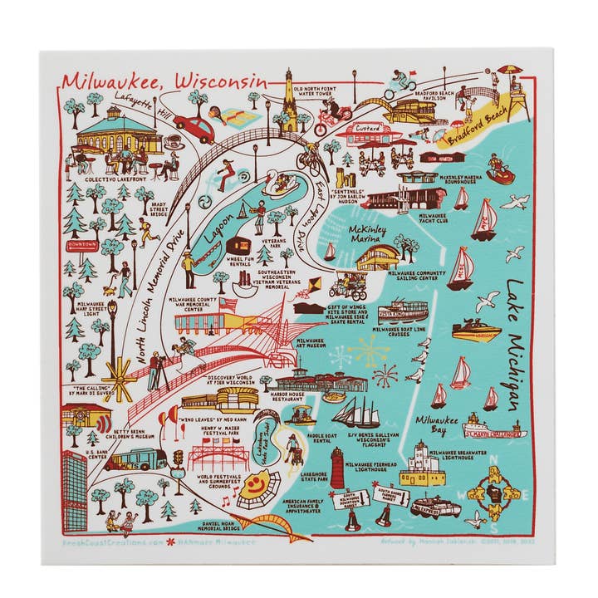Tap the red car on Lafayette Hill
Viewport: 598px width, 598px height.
coord(194,128)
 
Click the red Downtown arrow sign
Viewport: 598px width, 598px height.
coord(83,246)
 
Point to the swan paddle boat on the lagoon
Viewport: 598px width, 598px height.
coord(279,183)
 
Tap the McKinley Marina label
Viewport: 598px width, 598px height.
coord(370,234)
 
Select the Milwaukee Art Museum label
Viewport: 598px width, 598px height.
coord(311,345)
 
